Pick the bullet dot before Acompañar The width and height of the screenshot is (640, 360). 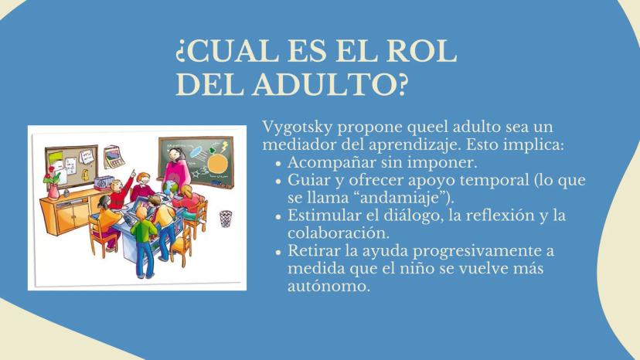[279, 163]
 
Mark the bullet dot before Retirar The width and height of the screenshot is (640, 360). [279, 252]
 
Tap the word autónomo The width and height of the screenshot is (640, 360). [329, 286]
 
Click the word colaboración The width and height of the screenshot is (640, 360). [339, 233]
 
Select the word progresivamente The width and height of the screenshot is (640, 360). [476, 251]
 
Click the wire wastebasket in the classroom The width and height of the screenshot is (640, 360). [225, 219]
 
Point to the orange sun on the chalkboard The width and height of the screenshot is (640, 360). [217, 163]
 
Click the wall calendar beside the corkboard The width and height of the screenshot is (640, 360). [114, 156]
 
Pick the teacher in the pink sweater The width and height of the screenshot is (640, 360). [177, 169]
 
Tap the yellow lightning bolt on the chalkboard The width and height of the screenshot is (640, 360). [224, 146]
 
